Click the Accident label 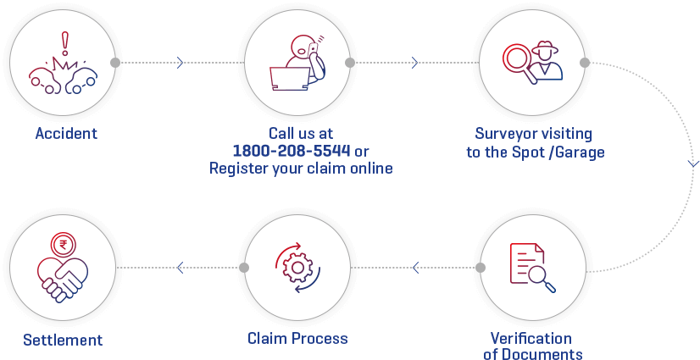[66, 133]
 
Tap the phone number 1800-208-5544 [292, 152]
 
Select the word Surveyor [503, 135]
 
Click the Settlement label [63, 340]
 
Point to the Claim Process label [297, 338]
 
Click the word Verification [531, 338]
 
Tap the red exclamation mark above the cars [65, 43]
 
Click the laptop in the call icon [290, 79]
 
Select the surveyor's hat [544, 47]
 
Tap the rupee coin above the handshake [64, 245]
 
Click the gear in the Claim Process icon [297, 268]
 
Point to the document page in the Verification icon [527, 263]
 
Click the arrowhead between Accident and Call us [180, 63]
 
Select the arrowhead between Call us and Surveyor [414, 63]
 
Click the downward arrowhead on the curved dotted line [693, 164]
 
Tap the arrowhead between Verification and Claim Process [416, 268]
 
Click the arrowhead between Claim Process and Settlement [180, 268]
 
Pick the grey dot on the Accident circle [115, 63]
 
